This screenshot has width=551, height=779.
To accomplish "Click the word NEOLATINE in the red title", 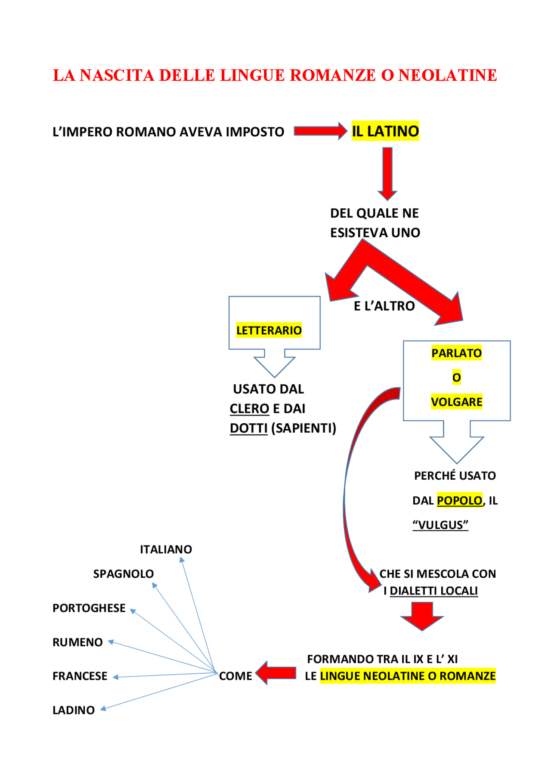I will tap(447, 75).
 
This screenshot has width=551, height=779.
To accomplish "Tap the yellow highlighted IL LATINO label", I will tap(385, 131).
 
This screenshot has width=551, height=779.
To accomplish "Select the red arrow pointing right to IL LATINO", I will tap(320, 131).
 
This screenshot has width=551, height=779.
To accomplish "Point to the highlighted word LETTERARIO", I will tap(269, 330).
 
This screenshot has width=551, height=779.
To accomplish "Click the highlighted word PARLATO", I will tap(456, 353).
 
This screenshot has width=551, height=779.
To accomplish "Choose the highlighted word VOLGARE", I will tap(456, 402).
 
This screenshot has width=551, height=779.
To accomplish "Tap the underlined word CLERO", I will tap(249, 409).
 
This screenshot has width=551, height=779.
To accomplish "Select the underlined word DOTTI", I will tap(249, 428).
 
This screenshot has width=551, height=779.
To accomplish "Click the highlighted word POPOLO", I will tap(459, 500).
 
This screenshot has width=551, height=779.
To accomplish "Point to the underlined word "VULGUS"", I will tap(440, 525).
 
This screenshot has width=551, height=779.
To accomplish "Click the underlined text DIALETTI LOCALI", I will tap(433, 591).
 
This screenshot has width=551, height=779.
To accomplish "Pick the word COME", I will tap(235, 676).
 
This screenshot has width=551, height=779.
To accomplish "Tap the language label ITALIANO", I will tap(166, 549).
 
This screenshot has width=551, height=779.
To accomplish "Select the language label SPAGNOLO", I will tap(124, 574).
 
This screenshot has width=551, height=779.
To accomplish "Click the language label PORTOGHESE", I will tap(89, 608).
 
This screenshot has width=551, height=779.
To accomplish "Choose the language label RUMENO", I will tap(77, 642).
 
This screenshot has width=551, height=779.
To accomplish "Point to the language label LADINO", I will tap(74, 710).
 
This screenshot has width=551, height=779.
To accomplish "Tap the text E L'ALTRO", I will tap(384, 306).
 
